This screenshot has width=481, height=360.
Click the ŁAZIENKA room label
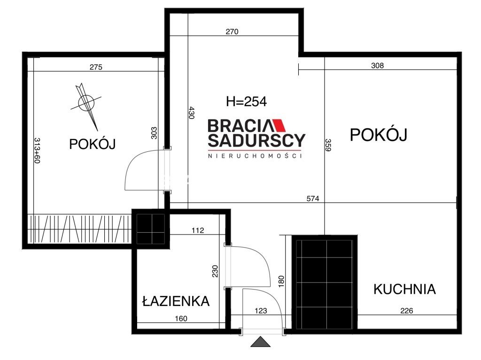(x=176, y=301)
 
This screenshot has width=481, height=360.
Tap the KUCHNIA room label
(x=404, y=289)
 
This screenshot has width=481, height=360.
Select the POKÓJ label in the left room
(x=93, y=144)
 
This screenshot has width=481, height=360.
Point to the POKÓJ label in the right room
(x=379, y=134)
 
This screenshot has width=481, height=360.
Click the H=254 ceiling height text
(x=246, y=102)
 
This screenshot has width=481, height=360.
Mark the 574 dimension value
(x=313, y=199)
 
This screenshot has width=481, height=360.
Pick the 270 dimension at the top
(x=232, y=31)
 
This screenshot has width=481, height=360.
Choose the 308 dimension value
(x=377, y=65)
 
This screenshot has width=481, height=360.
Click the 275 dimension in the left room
(x=96, y=67)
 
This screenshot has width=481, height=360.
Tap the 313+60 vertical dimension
(x=37, y=150)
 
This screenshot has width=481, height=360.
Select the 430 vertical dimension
(x=192, y=113)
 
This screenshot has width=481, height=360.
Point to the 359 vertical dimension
(x=328, y=145)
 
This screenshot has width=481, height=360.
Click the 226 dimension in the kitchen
(x=406, y=311)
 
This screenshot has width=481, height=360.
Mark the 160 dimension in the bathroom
(x=181, y=319)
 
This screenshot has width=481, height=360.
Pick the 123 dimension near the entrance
(x=261, y=311)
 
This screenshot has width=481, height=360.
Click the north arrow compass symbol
(x=86, y=103)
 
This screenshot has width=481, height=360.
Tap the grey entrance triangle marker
(x=260, y=341)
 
